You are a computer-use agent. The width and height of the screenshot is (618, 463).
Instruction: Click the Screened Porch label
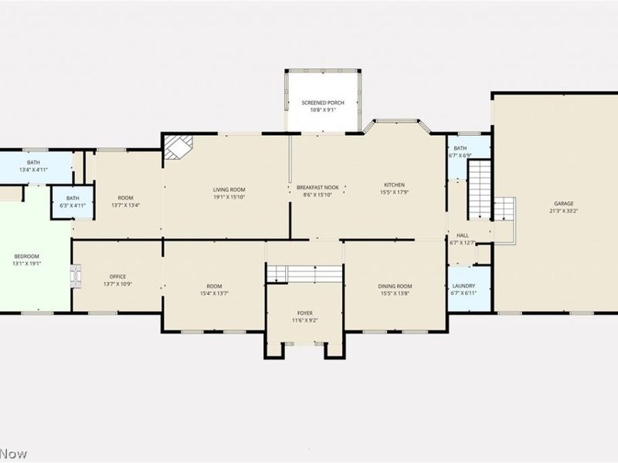tap(322, 103)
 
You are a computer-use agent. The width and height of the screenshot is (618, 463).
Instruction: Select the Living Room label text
tap(229, 189)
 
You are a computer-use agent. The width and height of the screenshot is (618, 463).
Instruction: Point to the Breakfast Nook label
tap(317, 188)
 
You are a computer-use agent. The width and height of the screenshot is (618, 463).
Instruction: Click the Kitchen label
tap(394, 184)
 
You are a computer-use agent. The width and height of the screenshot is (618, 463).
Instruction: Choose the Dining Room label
tap(394, 286)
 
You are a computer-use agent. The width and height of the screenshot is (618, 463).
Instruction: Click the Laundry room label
tap(463, 286)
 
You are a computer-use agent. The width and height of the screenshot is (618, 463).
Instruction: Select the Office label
tap(117, 276)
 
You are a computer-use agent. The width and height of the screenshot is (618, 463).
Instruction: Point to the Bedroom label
tap(26, 255)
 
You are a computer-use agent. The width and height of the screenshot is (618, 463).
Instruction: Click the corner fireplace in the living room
tap(177, 147)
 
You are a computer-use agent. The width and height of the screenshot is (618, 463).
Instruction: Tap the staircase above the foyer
tap(304, 272)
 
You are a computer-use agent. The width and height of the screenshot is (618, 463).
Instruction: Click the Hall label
tap(462, 235)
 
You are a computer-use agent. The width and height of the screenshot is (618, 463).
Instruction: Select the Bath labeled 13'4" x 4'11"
tap(33, 162)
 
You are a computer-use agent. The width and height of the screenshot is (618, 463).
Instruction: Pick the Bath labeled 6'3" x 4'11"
tap(72, 198)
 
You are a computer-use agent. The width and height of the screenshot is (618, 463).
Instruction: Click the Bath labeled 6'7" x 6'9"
tap(460, 148)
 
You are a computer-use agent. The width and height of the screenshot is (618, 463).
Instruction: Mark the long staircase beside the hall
tap(480, 189)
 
